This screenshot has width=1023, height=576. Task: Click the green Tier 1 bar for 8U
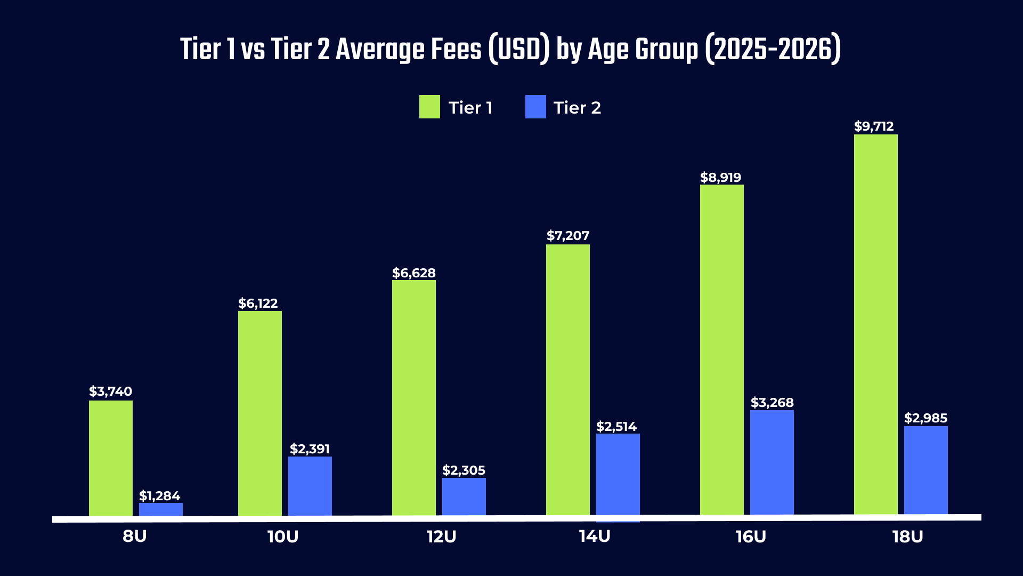click(111, 458)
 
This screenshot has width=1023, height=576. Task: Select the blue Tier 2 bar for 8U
click(161, 509)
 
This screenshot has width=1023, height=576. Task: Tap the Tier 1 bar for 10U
click(260, 413)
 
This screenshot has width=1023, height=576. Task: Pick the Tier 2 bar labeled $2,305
click(464, 497)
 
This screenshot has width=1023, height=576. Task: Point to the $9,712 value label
click(874, 126)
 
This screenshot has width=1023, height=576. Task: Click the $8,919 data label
click(720, 178)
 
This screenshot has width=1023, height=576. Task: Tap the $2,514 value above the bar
click(616, 427)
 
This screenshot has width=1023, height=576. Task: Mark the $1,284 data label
click(160, 496)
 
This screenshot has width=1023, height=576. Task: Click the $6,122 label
click(258, 303)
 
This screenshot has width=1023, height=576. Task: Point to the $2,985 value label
click(926, 418)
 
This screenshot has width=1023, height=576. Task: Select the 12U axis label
click(441, 537)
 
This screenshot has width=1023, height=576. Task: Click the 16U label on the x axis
click(751, 537)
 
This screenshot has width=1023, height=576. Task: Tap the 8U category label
click(134, 537)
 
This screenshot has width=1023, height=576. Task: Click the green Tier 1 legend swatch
click(429, 107)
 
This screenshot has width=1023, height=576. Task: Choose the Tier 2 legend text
click(577, 108)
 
